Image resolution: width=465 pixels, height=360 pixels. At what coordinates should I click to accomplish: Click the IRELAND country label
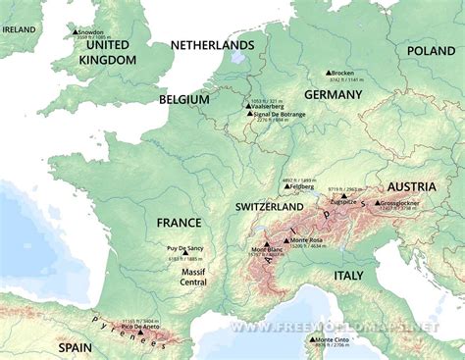click(x=18, y=29)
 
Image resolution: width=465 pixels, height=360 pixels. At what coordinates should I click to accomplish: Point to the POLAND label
click(x=433, y=50)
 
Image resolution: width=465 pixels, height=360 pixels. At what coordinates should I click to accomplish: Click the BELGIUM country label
click(x=184, y=100)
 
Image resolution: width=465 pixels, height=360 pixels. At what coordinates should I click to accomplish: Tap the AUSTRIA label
click(x=412, y=186)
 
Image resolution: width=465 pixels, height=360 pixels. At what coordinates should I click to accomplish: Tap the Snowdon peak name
click(x=95, y=32)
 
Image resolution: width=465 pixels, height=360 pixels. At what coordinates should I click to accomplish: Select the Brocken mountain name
click(x=343, y=74)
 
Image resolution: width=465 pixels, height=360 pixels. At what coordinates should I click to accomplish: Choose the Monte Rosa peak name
click(x=308, y=240)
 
